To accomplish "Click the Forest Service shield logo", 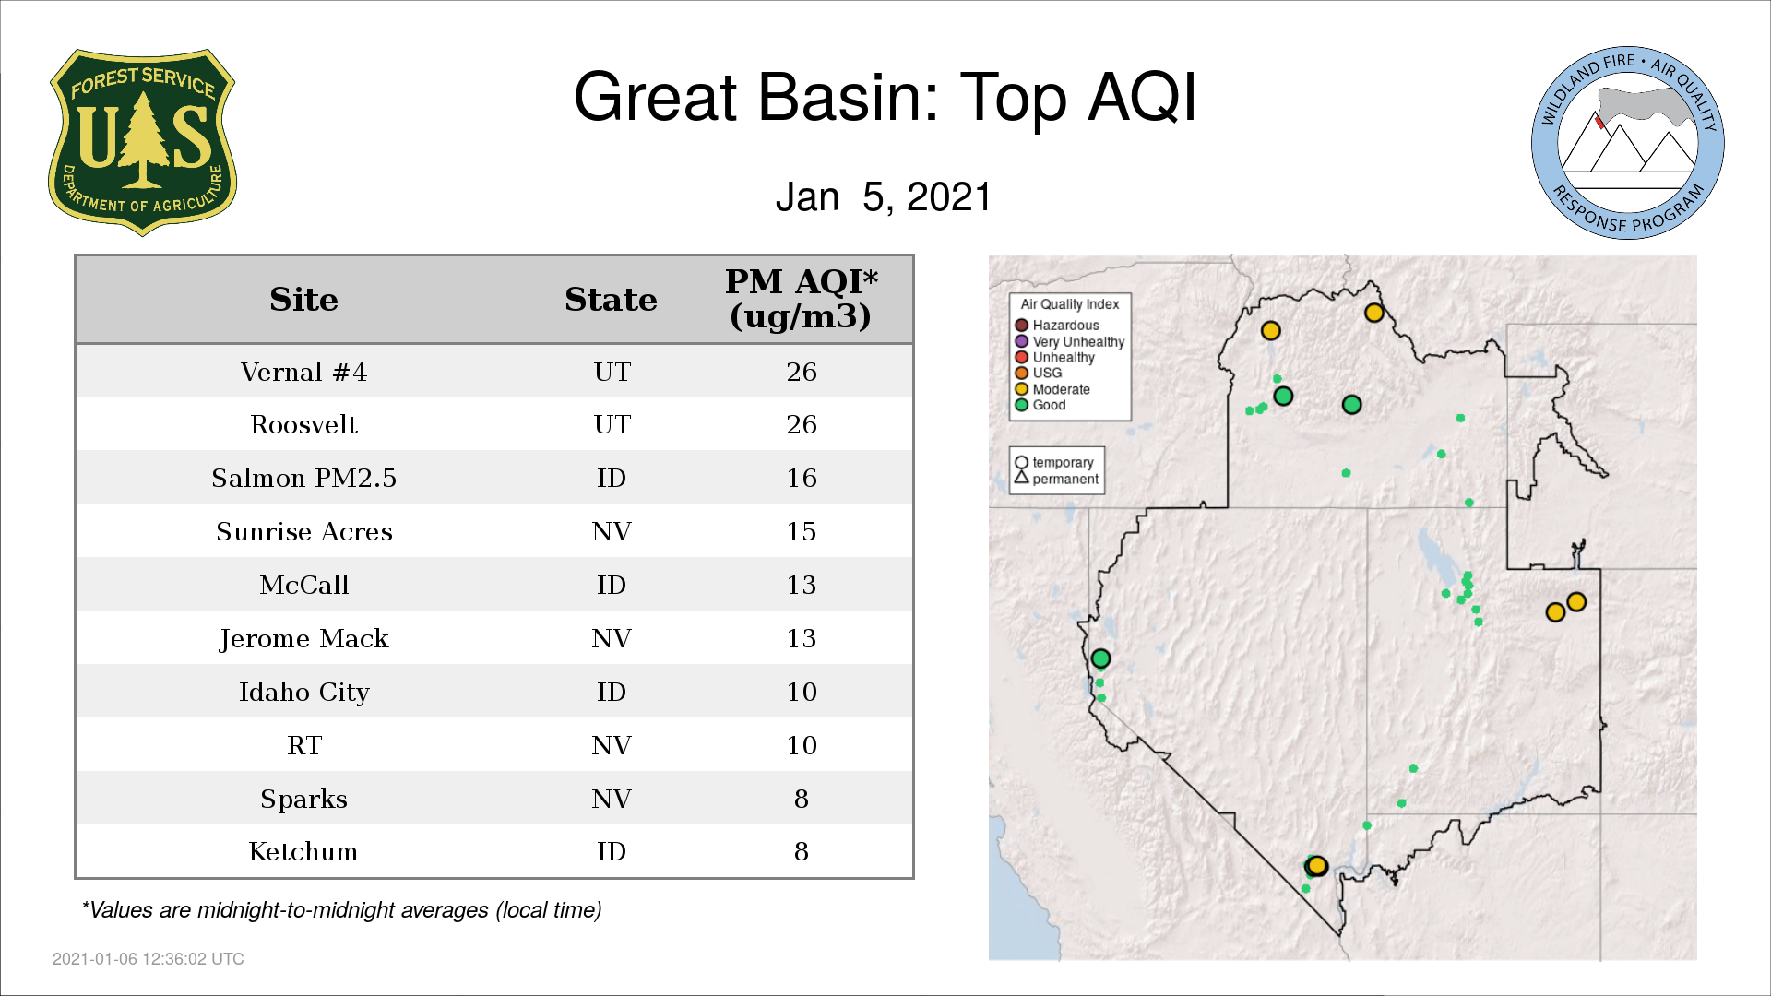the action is tap(142, 142).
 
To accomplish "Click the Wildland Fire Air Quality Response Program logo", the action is tap(1627, 143).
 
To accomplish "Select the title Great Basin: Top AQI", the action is tap(885, 97).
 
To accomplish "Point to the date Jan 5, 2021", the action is tap(883, 196).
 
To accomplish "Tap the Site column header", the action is tap(303, 300).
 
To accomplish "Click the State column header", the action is tap(611, 300).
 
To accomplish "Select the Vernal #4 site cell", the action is tap(303, 372).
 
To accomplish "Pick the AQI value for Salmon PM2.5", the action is tap(802, 478).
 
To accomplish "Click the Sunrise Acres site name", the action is tap(304, 531).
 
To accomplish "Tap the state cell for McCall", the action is tap(611, 585).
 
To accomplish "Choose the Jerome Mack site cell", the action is tap(303, 638).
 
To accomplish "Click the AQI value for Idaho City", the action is tap(802, 692).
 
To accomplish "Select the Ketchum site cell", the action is tap(303, 851).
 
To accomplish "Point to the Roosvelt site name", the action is tap(303, 424).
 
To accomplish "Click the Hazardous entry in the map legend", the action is tap(1057, 326).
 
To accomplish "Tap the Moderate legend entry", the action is tap(1052, 389).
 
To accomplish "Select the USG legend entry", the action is tap(1039, 373).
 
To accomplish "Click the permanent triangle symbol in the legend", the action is tap(1021, 477).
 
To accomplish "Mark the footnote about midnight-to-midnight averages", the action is tap(341, 910).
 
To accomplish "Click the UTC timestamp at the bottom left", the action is tap(149, 959).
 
